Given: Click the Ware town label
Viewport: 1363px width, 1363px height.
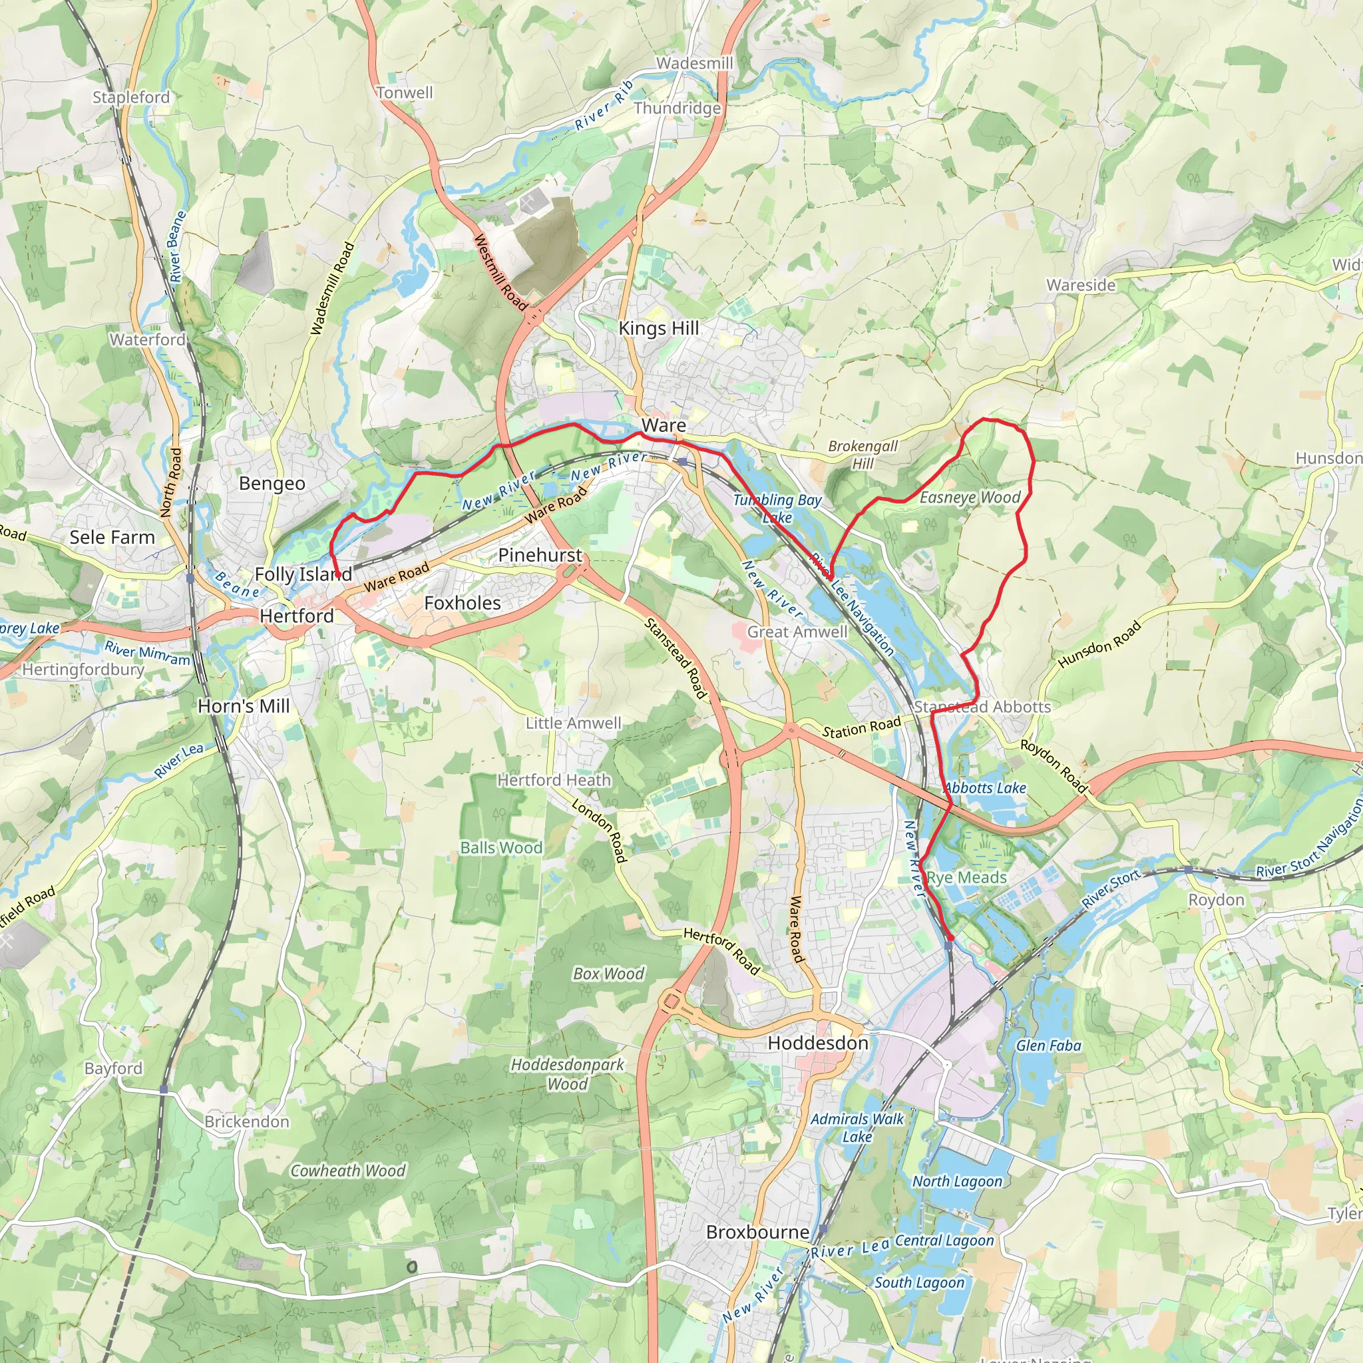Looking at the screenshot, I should click(663, 425).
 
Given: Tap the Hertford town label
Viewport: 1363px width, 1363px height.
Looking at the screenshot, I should click(296, 616).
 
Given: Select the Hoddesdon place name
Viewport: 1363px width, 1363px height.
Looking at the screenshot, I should click(818, 1043).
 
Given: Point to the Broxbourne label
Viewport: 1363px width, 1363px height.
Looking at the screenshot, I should click(757, 1232).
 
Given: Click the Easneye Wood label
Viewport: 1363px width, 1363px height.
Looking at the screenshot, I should click(970, 497).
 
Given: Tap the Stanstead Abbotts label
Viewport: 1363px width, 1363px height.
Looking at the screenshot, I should click(982, 707).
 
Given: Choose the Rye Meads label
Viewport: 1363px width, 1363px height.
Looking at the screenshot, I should click(966, 878).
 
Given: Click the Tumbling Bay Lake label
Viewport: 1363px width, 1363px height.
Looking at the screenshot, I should click(777, 508).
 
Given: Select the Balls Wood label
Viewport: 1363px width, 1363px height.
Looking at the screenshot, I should click(501, 848).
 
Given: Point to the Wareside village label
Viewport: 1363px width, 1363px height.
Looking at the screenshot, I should click(1081, 285).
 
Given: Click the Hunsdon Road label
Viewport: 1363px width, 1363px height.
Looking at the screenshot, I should click(1099, 644).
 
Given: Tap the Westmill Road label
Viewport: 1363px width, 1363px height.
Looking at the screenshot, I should click(500, 272).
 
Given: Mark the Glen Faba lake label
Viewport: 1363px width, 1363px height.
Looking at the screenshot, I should click(1048, 1046).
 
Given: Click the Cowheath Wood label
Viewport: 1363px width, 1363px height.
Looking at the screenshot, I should click(348, 1171).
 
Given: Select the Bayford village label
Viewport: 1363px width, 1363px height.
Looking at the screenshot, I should click(113, 1068).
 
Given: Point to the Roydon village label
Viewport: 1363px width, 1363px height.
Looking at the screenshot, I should click(1217, 900).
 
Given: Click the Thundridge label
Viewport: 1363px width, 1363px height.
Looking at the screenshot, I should click(677, 108).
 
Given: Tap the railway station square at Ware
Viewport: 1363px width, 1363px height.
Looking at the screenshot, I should click(682, 461).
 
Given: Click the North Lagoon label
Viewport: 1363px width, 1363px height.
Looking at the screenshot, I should click(956, 1181).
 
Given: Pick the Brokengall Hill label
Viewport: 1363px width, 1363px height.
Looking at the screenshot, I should click(863, 455).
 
